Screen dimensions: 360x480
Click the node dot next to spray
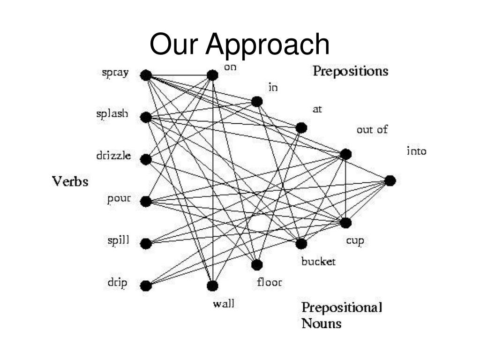(x=146, y=75)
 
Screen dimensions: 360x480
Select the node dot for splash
(x=146, y=117)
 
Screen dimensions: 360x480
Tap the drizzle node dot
(x=146, y=159)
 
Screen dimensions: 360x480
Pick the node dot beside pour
(x=146, y=202)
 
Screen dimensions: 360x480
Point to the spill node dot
(x=146, y=244)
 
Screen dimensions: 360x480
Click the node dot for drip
(x=146, y=285)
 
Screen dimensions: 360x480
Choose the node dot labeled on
(x=212, y=75)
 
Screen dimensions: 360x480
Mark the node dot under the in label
(x=257, y=101)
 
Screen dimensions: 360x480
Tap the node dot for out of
(x=345, y=154)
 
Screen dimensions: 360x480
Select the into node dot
(x=390, y=180)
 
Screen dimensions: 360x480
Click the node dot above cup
(x=345, y=223)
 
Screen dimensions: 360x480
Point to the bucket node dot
(x=301, y=244)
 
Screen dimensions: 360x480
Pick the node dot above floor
(x=257, y=265)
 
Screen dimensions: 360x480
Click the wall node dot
(x=212, y=285)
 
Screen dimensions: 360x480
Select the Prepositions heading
(x=350, y=71)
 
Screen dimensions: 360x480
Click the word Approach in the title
(x=269, y=44)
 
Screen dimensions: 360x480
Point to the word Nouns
(x=321, y=323)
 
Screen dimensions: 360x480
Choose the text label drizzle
(x=113, y=156)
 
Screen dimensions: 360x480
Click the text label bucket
(x=318, y=262)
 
